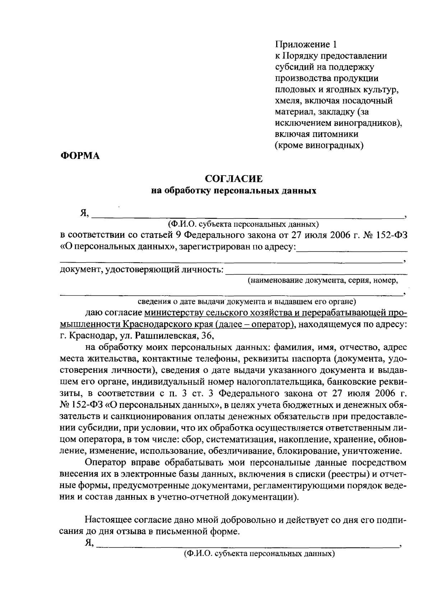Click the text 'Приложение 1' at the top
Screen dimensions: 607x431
pos(306,44)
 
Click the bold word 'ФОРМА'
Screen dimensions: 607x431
pos(80,156)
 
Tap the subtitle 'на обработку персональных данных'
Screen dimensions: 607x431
pos(234,191)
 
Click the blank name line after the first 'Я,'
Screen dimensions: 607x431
pos(248,216)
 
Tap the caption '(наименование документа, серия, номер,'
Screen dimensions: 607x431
pos(323,281)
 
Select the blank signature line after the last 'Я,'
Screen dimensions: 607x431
pos(248,545)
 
